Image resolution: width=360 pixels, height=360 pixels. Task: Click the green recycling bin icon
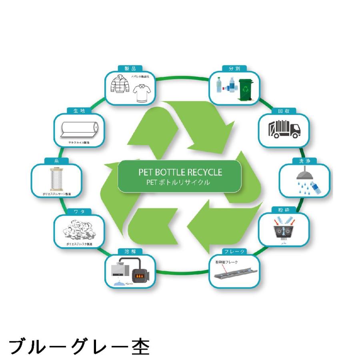[x=245, y=90]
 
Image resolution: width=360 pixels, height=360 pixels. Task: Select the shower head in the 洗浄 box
[x=304, y=175]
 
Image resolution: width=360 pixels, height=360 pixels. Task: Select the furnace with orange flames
[x=140, y=275]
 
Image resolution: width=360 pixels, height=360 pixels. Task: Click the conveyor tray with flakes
[x=234, y=273]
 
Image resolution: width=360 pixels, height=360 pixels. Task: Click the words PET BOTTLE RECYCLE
[x=180, y=172]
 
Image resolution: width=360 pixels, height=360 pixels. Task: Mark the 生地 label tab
[x=79, y=111]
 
